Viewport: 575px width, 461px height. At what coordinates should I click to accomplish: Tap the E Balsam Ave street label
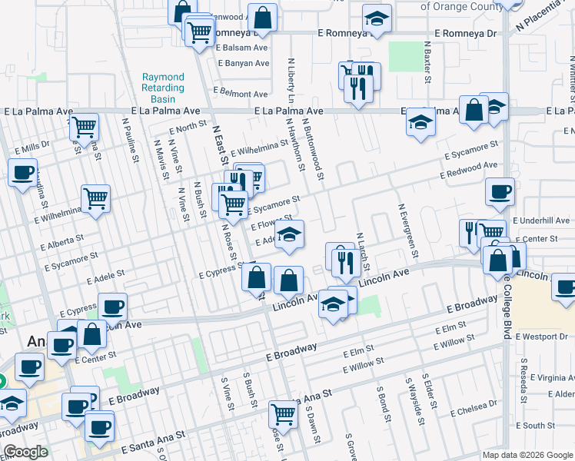click(242, 47)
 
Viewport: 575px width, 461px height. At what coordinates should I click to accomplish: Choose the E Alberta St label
click(74, 241)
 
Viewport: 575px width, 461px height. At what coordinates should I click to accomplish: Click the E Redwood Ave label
click(468, 171)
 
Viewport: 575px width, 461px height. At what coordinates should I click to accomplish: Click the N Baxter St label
click(428, 65)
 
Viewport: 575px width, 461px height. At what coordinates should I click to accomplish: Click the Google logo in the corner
click(25, 452)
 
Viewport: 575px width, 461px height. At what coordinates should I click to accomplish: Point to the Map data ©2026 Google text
click(526, 455)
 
